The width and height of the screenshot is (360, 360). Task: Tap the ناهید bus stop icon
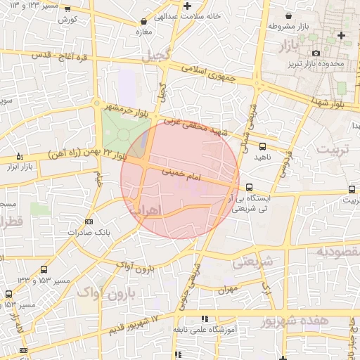(262, 146)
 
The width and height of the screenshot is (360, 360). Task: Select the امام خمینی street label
(181, 176)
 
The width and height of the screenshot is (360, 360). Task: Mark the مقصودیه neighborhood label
(337, 251)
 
